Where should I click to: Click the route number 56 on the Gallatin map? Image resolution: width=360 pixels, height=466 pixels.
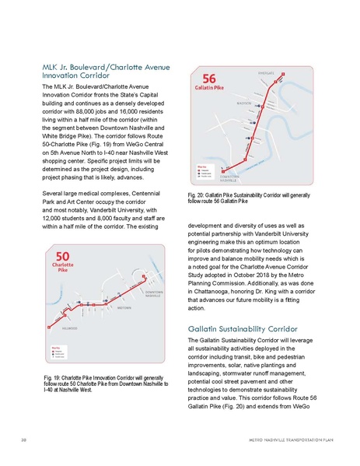click(210, 79)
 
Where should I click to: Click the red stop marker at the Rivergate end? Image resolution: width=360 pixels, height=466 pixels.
click(284, 75)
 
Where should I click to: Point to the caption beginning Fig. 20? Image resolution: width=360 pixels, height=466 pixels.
click(251, 198)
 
